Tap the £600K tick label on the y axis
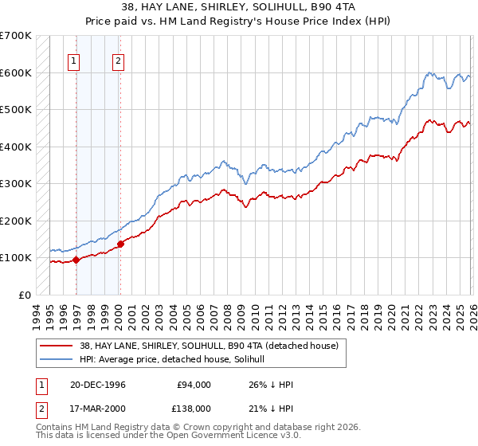15,72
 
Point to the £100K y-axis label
15,257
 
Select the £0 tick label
24,295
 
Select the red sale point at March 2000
120,244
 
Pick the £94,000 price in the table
194,385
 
